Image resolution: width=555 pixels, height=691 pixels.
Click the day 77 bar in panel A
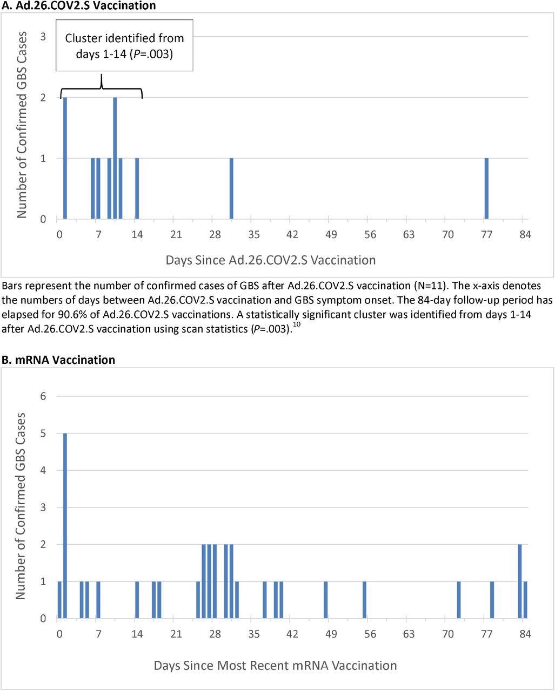486,188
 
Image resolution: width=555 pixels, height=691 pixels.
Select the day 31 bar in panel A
231,188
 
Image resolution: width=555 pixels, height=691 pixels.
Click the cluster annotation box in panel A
125,46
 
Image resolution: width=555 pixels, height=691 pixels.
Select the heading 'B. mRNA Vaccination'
58,360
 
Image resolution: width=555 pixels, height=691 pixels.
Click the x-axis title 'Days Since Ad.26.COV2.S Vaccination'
270,260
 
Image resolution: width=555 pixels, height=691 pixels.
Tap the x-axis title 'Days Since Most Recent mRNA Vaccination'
275,665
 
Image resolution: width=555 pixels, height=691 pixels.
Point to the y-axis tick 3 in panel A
43,37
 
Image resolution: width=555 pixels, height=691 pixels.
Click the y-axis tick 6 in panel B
43,396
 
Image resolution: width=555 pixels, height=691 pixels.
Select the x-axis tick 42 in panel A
292,234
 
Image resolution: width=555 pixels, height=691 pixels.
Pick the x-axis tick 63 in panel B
409,634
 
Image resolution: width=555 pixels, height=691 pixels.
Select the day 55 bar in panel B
364,600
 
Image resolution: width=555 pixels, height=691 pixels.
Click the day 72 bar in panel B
458,600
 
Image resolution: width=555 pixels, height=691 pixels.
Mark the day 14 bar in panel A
137,188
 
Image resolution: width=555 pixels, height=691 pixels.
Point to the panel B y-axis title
21,506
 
